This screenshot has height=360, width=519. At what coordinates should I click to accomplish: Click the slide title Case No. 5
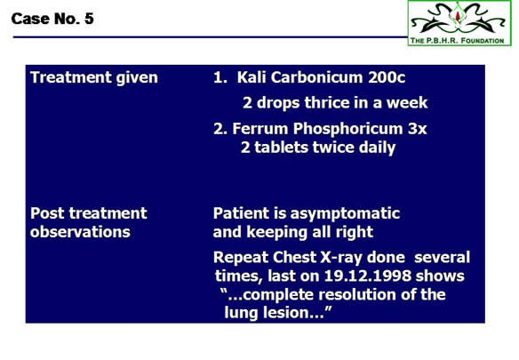(52, 19)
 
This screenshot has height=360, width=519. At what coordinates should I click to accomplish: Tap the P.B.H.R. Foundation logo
(459, 23)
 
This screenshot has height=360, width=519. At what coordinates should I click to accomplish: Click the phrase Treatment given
(94, 78)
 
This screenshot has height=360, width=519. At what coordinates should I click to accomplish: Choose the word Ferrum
(259, 129)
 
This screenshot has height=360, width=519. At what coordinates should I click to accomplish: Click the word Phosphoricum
(347, 129)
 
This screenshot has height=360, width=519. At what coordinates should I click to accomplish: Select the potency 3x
(417, 129)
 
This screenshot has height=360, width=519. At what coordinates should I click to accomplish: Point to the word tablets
(281, 147)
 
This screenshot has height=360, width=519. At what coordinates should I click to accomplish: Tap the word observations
(80, 232)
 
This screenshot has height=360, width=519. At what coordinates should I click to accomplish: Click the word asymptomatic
(345, 213)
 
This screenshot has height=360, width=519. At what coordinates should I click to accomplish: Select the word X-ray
(341, 258)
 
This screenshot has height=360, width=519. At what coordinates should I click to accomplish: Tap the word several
(442, 257)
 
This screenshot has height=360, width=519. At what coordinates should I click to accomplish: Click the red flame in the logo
(458, 16)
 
